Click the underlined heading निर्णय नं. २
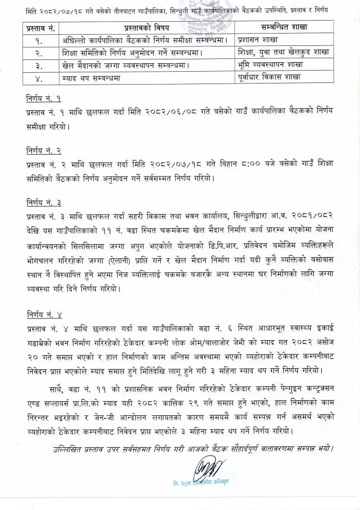(x=46, y=150)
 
